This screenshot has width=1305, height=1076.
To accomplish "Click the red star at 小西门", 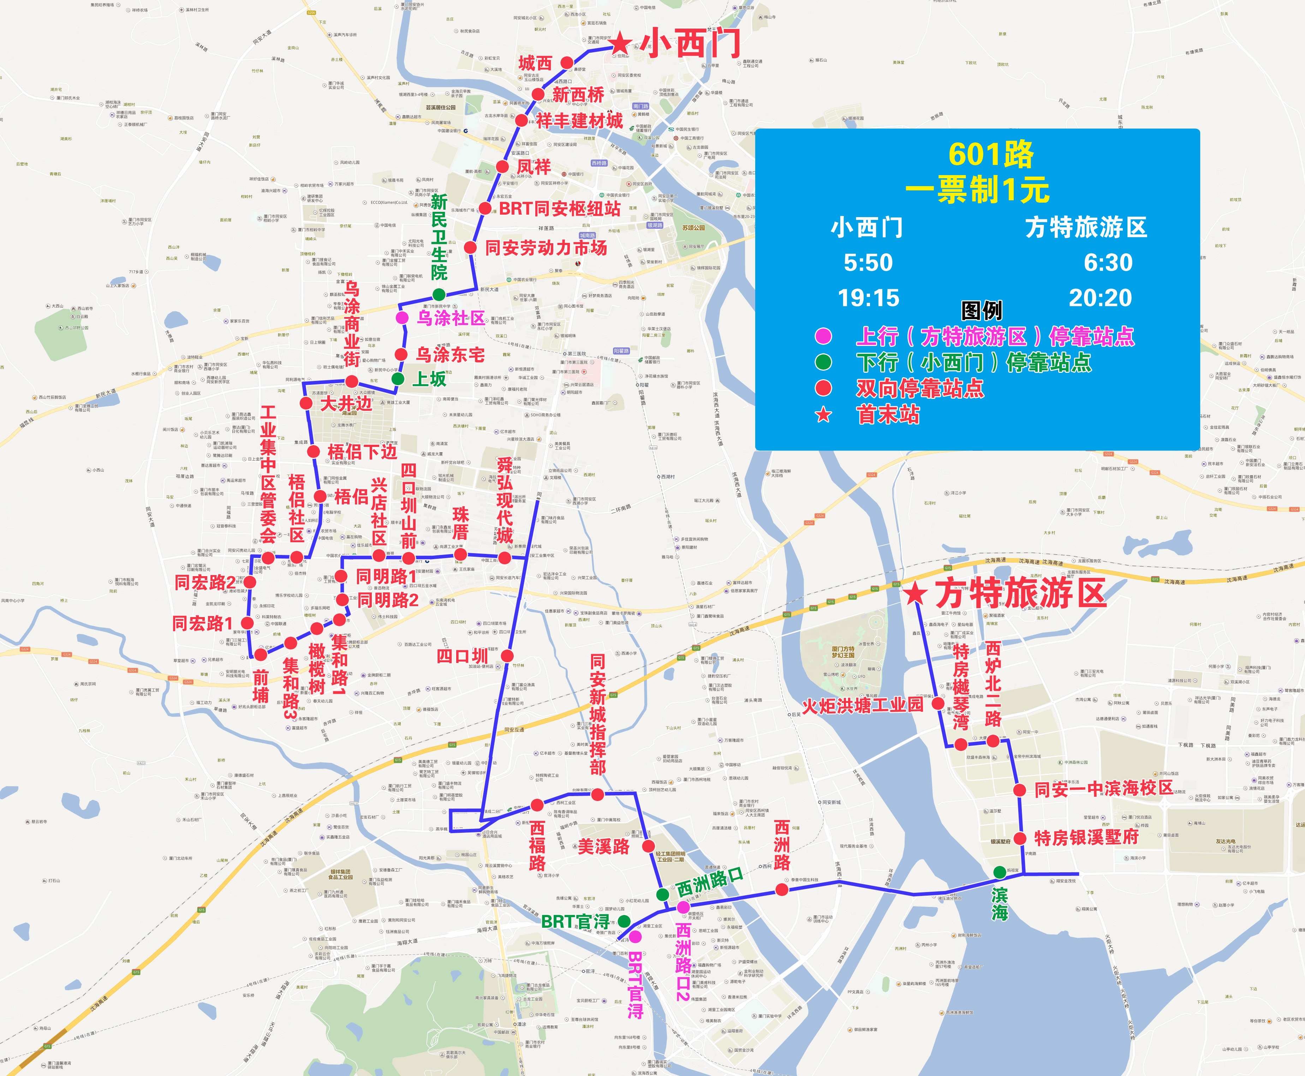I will [x=621, y=44].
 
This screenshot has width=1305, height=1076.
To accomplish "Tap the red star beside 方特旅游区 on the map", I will [x=915, y=594].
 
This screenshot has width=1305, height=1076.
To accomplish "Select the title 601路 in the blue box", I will [x=991, y=154].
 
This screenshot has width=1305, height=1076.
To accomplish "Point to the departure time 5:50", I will [x=868, y=263].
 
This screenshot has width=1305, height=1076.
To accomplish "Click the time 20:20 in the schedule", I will [x=1101, y=298].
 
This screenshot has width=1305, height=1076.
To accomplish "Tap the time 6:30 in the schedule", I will [x=1108, y=263].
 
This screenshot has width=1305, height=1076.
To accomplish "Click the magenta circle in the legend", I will [x=823, y=336].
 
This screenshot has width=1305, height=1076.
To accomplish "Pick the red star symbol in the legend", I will [x=823, y=415].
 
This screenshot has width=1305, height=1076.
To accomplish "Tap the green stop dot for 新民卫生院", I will [x=439, y=294].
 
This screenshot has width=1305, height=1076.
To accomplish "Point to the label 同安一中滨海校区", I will [x=1103, y=789].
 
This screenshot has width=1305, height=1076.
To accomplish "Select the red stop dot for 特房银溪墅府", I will [x=1020, y=838].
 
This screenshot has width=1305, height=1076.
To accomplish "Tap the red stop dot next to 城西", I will [x=567, y=62].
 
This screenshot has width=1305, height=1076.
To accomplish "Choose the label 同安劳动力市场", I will [x=546, y=248].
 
